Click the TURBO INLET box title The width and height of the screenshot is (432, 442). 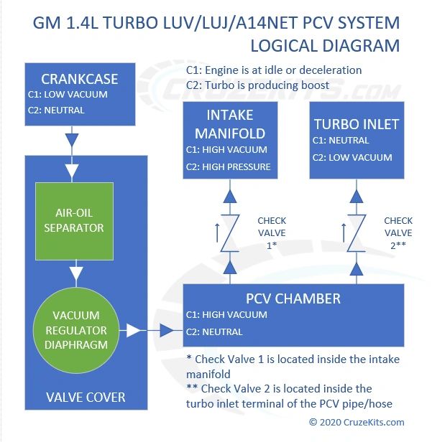click(x=356, y=123)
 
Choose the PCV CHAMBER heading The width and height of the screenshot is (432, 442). click(x=293, y=298)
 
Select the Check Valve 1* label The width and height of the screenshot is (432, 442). click(x=272, y=232)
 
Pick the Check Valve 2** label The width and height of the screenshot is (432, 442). click(x=397, y=232)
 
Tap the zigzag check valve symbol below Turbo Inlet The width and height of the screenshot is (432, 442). click(x=355, y=233)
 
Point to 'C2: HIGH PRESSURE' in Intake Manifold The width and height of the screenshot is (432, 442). click(x=229, y=167)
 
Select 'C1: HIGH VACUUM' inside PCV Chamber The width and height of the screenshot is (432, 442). click(x=226, y=314)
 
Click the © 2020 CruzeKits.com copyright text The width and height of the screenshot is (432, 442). click(x=357, y=423)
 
